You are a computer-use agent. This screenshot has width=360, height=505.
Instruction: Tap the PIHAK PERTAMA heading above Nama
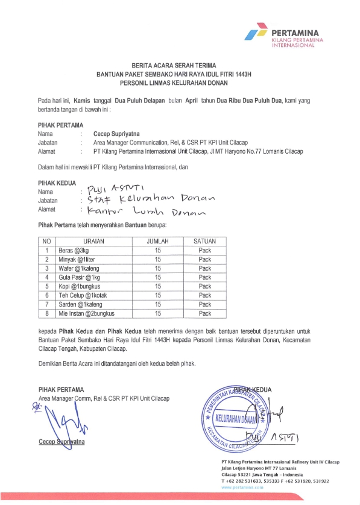(x=60, y=125)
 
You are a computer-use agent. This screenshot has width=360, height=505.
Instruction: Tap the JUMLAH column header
(x=157, y=241)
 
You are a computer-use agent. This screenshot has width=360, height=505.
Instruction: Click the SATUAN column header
(x=204, y=241)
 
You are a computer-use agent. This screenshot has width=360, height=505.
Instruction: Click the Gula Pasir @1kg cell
(x=79, y=277)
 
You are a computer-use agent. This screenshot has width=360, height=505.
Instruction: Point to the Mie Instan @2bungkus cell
(x=86, y=313)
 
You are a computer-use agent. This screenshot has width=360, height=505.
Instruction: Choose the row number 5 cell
(x=46, y=286)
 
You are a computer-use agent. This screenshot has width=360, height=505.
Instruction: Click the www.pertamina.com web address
(x=242, y=486)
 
